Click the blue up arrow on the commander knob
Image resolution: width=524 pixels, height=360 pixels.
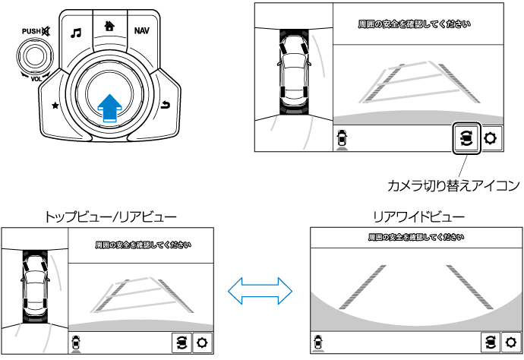[110, 105]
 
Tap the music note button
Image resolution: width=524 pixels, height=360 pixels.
[75, 33]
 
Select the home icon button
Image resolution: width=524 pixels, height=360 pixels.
[109, 24]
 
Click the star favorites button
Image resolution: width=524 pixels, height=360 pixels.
[55, 106]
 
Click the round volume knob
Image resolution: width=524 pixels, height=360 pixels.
[33, 55]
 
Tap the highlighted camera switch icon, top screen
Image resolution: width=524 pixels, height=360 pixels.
[467, 138]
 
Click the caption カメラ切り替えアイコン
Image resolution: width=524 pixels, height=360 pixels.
[453, 185]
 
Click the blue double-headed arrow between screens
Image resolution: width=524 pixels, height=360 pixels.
[261, 289]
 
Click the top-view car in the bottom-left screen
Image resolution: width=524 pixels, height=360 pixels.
[35, 280]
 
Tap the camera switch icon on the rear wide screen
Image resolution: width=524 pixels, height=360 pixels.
[490, 342]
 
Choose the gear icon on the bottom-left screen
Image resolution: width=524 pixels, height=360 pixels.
[203, 342]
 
